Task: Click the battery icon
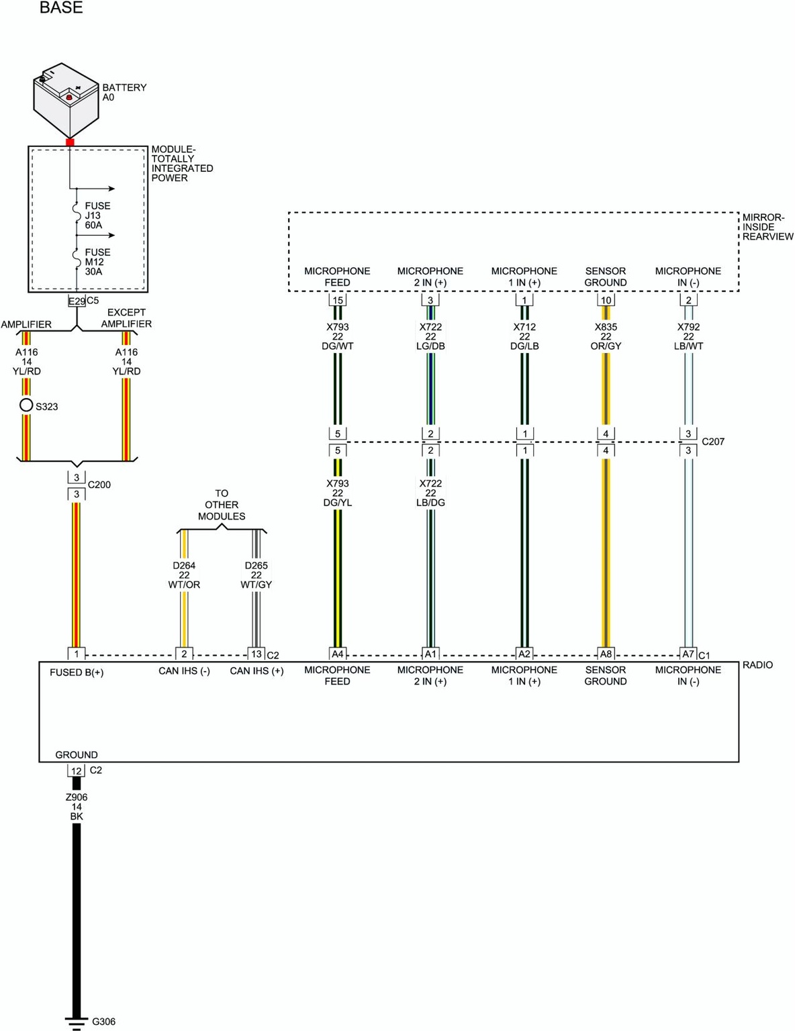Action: [x=66, y=100]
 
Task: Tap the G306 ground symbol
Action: [x=77, y=1021]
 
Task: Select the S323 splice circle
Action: [x=26, y=405]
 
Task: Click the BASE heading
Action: [x=61, y=8]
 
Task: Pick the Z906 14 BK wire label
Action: [x=77, y=807]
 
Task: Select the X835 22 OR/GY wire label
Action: [x=606, y=336]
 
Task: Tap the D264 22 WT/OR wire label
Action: [x=184, y=575]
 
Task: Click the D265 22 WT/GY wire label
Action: [x=256, y=575]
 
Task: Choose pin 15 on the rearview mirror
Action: [x=338, y=300]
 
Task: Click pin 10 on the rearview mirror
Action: [x=606, y=300]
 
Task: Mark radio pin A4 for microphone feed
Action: [x=337, y=654]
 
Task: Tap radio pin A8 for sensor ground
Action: [x=606, y=654]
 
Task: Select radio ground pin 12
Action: [x=77, y=771]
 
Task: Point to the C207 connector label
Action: [x=713, y=442]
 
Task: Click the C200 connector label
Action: [x=99, y=485]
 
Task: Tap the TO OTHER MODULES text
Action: [x=222, y=505]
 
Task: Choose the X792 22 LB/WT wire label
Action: [x=688, y=336]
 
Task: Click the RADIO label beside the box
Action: [x=757, y=665]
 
